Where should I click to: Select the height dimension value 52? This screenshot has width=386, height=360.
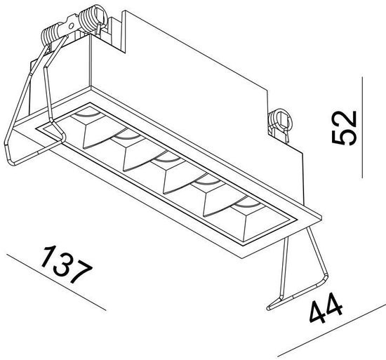point(344,127)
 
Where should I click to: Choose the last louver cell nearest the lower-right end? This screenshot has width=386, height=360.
point(245,214)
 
